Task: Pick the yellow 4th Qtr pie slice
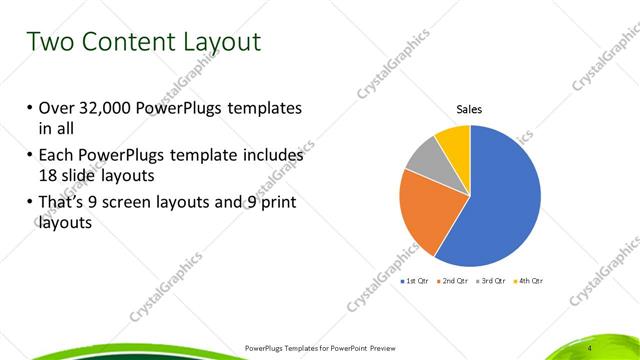pos(453,141)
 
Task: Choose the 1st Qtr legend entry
pos(416,282)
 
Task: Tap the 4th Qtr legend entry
pos(529,282)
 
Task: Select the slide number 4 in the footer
pos(591,347)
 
